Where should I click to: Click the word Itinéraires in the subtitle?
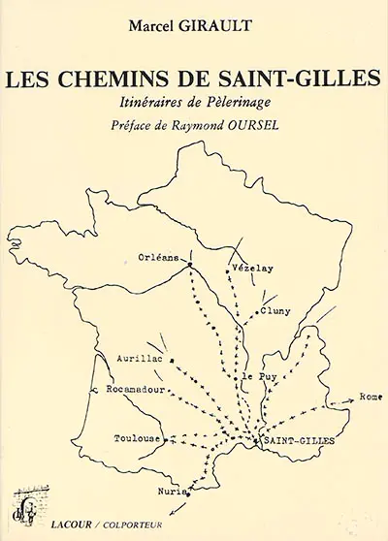coord(159,103)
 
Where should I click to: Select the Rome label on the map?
coord(371,397)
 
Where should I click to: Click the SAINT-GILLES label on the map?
coord(299,440)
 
